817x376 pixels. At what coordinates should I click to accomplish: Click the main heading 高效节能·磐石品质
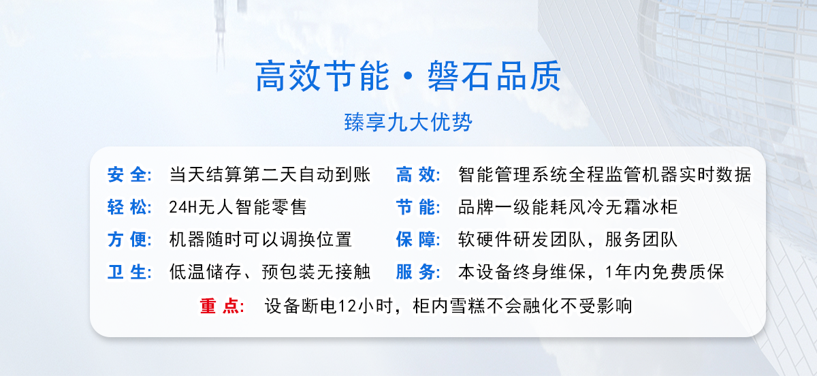[408, 76]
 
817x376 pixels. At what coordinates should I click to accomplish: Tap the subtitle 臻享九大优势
[408, 122]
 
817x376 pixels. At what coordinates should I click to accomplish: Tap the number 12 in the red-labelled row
[347, 307]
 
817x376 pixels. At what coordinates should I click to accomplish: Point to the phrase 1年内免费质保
[664, 272]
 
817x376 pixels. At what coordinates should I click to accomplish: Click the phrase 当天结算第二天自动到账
[270, 174]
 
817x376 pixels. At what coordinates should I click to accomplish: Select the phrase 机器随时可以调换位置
[260, 240]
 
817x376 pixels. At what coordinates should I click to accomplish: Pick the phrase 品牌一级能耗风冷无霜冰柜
[568, 207]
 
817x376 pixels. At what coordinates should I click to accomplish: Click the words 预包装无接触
[316, 272]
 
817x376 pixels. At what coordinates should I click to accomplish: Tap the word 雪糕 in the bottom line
[468, 306]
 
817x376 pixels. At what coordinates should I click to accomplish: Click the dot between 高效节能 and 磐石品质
[408, 76]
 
